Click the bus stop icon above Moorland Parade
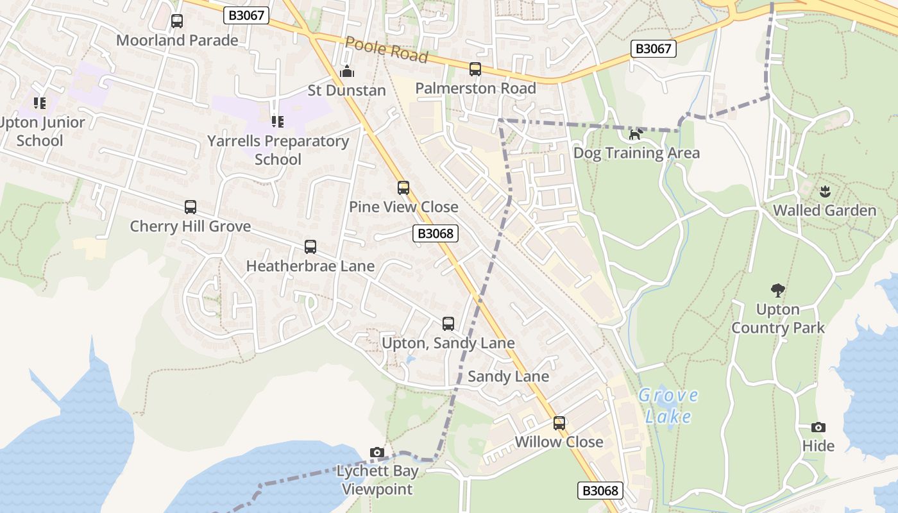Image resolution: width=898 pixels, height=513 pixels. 177,21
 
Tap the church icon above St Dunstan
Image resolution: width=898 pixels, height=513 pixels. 347,71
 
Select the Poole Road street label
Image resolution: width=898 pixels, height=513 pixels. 386,49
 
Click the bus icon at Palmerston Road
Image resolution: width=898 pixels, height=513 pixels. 475,69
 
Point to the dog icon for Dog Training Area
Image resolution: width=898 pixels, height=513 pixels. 636,134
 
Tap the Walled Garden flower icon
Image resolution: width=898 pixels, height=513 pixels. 824,190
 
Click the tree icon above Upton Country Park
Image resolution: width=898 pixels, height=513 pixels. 778,290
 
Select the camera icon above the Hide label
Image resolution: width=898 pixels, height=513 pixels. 818,427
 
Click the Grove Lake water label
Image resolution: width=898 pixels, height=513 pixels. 668,405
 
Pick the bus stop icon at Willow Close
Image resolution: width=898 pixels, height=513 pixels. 559,423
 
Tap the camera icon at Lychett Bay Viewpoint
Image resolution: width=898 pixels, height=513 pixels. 377,453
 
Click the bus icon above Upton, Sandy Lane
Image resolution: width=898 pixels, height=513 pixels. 448,324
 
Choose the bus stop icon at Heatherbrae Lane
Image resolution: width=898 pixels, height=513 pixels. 310,247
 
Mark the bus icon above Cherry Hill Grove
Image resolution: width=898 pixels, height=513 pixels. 191,207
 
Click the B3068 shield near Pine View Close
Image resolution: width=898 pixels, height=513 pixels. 436,233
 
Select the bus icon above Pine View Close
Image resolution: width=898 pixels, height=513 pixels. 403,188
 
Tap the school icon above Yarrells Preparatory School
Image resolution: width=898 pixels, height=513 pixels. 277,121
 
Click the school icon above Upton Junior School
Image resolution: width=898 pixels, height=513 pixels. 40,103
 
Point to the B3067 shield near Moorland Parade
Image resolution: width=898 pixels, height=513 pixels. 246,15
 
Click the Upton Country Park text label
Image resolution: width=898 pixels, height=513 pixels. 778,319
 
